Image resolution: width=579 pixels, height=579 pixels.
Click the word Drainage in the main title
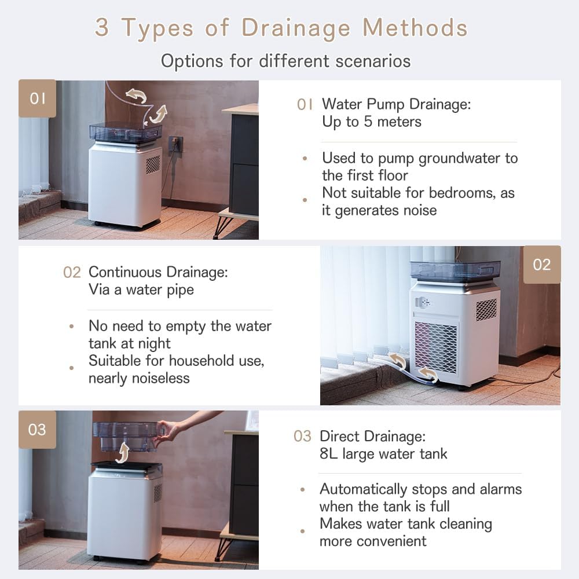[x=296, y=28]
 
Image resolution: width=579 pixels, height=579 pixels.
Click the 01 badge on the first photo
[x=37, y=98]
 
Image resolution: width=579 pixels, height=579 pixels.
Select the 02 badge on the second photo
[x=542, y=265]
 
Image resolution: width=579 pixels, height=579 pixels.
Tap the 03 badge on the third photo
[x=37, y=430]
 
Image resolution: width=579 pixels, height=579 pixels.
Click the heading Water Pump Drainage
[x=396, y=104]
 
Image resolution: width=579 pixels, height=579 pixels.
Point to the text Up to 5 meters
[x=372, y=122]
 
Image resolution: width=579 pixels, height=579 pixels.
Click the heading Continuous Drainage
[x=158, y=272]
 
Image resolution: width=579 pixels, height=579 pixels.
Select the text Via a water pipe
[x=141, y=290]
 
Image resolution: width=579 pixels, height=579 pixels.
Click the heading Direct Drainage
[x=372, y=437]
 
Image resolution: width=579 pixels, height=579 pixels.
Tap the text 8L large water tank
[x=383, y=454]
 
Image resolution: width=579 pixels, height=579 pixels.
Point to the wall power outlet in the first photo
[x=175, y=144]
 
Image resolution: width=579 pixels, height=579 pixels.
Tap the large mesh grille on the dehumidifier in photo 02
[x=436, y=347]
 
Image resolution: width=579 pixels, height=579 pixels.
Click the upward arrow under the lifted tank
[x=123, y=453]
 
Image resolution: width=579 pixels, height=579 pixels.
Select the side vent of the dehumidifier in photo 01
[x=153, y=164]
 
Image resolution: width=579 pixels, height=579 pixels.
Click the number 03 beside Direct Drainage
[x=302, y=437]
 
